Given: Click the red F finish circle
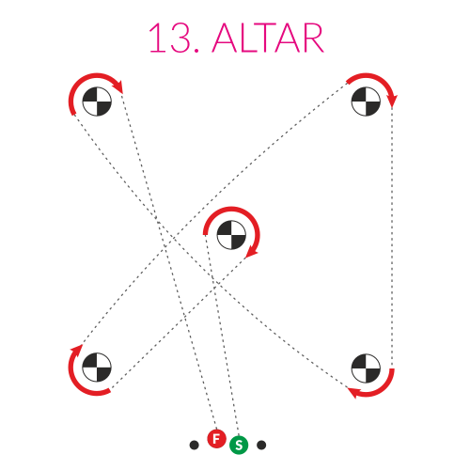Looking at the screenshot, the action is pyautogui.click(x=216, y=439).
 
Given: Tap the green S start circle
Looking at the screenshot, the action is pyautogui.click(x=239, y=445).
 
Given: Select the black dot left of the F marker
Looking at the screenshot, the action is pyautogui.click(x=195, y=445).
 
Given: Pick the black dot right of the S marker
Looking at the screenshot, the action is pyautogui.click(x=261, y=445).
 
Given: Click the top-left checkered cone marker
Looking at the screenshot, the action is pyautogui.click(x=97, y=102).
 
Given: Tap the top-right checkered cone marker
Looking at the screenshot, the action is pyautogui.click(x=366, y=102).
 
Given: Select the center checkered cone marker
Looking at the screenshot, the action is pyautogui.click(x=231, y=235).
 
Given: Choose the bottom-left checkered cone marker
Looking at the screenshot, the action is pyautogui.click(x=97, y=368).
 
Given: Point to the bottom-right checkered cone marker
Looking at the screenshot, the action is pyautogui.click(x=366, y=368).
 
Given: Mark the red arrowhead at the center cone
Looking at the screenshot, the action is pyautogui.click(x=251, y=252).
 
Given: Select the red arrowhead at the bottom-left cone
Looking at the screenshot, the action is pyautogui.click(x=77, y=351).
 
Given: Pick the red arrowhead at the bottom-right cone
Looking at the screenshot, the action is pyautogui.click(x=354, y=392).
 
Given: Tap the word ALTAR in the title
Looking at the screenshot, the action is pyautogui.click(x=268, y=38).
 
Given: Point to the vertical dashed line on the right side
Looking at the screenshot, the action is pyautogui.click(x=392, y=238).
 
